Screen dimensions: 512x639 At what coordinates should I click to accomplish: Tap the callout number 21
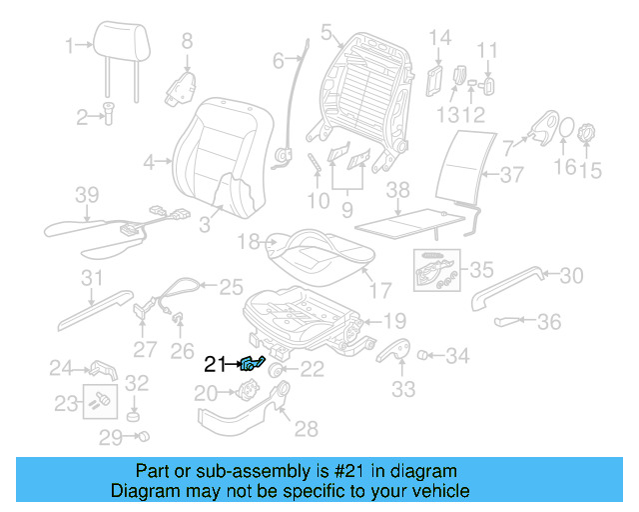tap(215, 365)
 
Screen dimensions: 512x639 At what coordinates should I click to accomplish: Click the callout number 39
tap(88, 193)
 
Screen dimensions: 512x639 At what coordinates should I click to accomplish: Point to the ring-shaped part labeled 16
tap(563, 131)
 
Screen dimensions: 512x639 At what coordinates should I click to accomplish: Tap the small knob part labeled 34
tap(422, 353)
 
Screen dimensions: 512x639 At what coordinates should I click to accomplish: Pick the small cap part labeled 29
tap(145, 436)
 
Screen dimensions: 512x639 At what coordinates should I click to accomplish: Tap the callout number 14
tap(440, 39)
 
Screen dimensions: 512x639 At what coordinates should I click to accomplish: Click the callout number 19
tap(396, 321)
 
